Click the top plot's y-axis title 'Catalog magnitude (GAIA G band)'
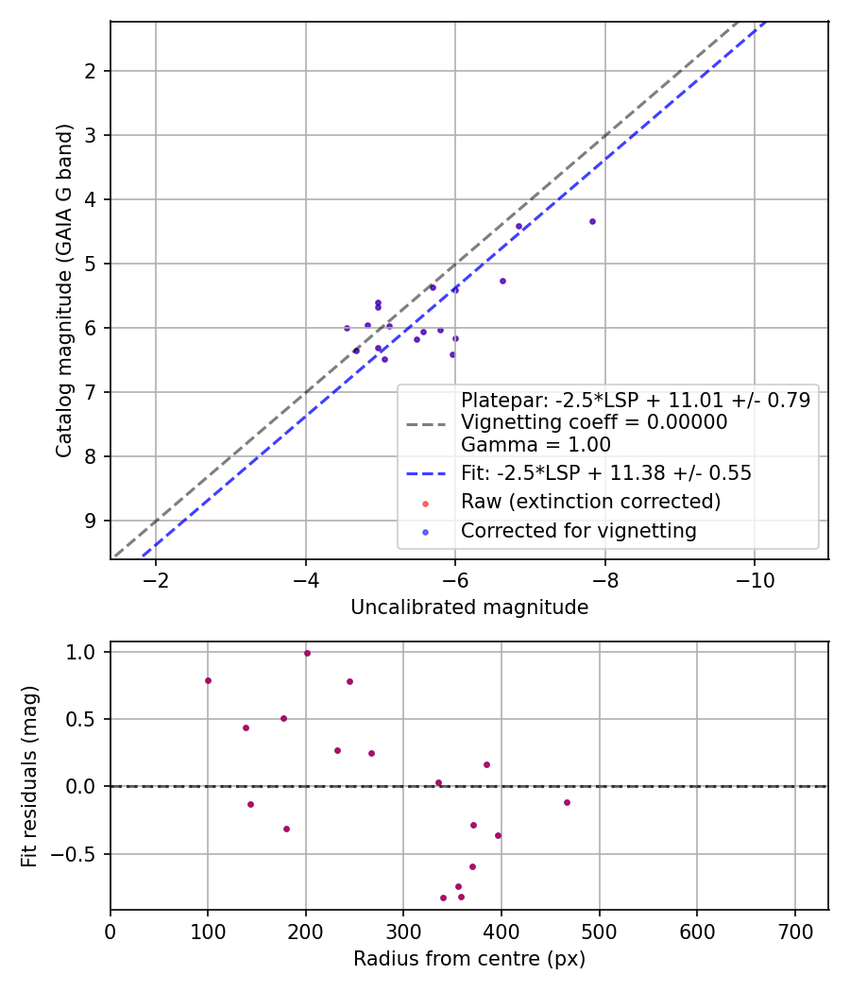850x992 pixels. [64, 290]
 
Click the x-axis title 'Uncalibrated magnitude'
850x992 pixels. [469, 607]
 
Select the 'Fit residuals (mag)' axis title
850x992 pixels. [29, 777]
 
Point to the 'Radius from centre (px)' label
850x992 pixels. [469, 959]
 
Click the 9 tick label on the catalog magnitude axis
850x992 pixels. [91, 521]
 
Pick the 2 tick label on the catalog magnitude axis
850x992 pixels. [91, 71]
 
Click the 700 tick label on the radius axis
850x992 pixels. [795, 932]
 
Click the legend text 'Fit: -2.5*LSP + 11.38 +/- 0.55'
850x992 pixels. [606, 473]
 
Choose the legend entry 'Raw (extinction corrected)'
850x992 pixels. [590, 502]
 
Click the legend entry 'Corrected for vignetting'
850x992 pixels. [579, 531]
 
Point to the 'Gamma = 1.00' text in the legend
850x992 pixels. [535, 445]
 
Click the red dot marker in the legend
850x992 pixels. [425, 504]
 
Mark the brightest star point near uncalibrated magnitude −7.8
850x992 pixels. [592, 221]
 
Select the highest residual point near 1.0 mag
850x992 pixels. [307, 654]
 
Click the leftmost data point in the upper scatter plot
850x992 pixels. [347, 329]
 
